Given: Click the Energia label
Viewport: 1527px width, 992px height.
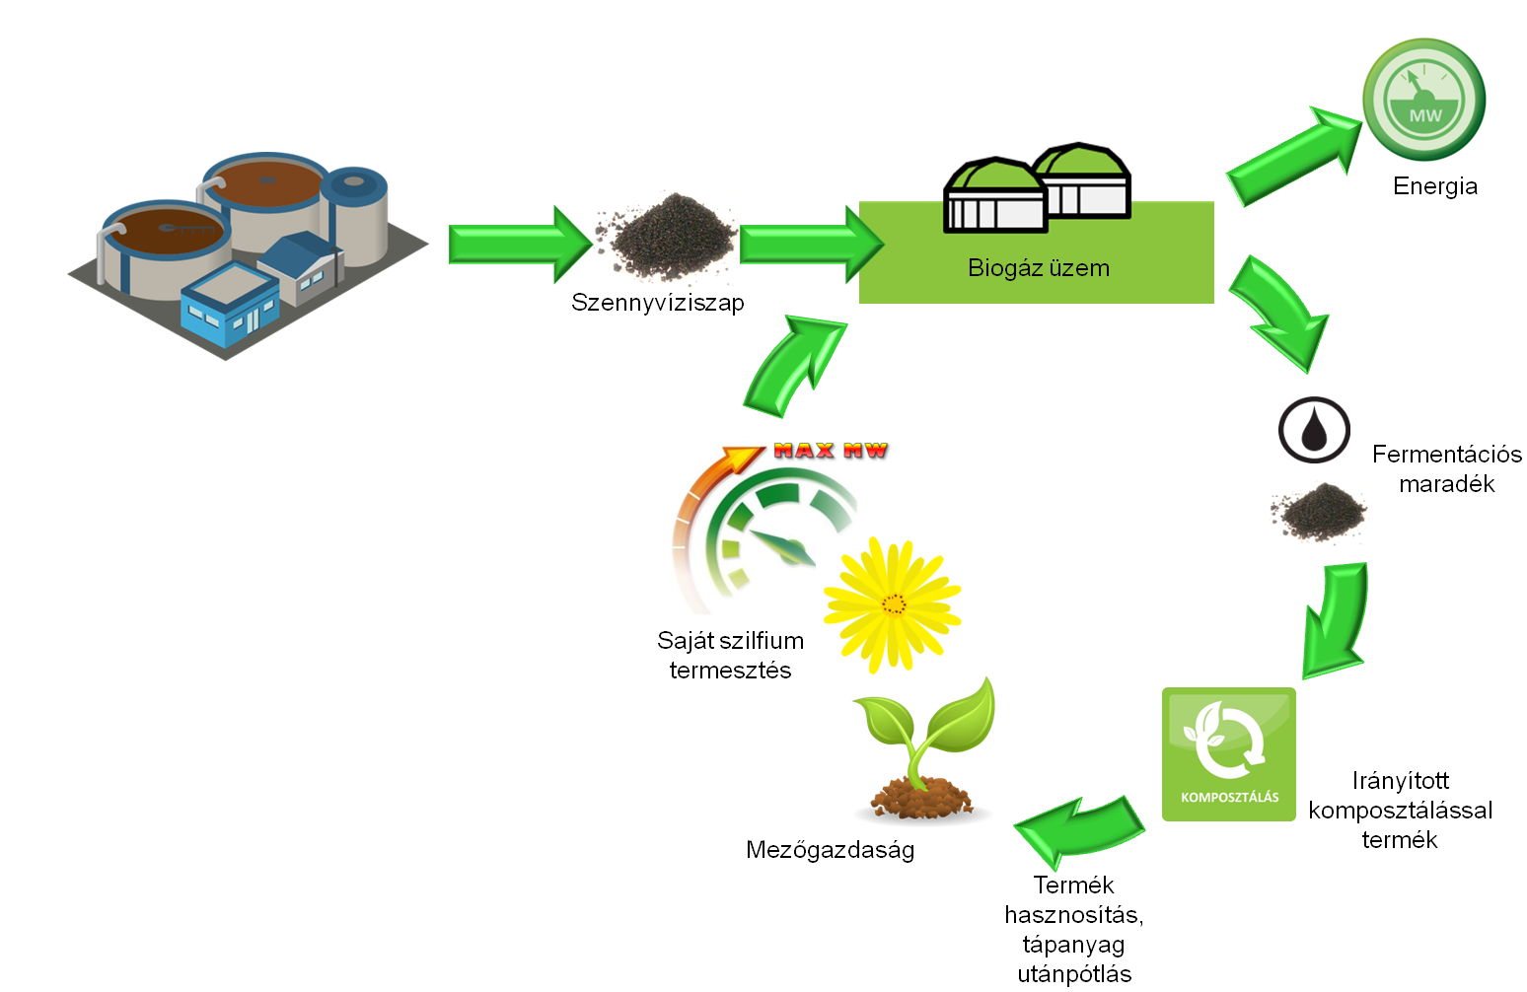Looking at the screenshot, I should click(1434, 186).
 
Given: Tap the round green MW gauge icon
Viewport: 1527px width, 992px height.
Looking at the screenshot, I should click(1423, 100).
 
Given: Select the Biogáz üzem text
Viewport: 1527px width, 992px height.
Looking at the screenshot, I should click(1038, 268).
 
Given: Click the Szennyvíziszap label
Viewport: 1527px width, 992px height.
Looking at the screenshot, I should click(657, 303).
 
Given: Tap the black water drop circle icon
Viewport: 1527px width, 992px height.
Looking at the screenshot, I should click(1314, 430).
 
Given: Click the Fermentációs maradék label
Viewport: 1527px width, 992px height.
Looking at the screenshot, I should click(1446, 469).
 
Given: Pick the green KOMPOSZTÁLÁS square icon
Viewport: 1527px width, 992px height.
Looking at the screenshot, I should click(1228, 754).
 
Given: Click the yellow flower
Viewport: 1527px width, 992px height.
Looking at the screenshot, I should click(892, 604).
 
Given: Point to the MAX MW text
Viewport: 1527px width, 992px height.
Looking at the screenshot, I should click(831, 451).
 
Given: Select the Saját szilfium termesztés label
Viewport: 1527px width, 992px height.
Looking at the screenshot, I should click(730, 656).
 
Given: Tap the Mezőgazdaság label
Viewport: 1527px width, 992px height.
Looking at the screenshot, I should click(830, 850).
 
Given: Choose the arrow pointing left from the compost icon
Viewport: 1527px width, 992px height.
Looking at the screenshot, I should click(1079, 826).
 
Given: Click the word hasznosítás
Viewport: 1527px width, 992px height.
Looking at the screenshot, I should click(1073, 915).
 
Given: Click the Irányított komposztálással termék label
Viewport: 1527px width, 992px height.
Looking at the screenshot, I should click(1400, 811).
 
